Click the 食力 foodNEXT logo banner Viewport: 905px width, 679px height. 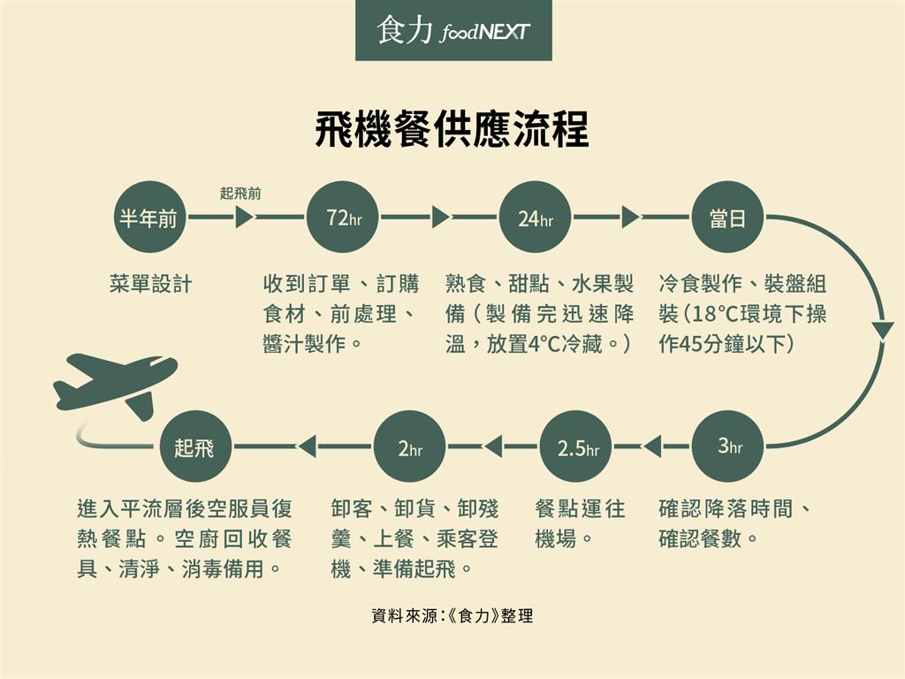pos(453,31)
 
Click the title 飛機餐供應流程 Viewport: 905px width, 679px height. pos(452,130)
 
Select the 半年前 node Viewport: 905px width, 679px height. pos(148,218)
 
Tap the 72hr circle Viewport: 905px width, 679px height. pos(344,218)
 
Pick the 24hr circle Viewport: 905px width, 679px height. pos(535,218)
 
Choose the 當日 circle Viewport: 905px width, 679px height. pos(726,218)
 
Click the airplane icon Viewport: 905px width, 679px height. pos(115,383)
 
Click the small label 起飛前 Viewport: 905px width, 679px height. pos(240,193)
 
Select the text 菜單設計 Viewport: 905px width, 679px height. pos(150,285)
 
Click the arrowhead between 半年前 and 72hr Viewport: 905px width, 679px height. pos(245,217)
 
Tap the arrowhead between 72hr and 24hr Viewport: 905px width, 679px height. pos(440,217)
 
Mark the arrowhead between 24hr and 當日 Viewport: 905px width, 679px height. pos(630,217)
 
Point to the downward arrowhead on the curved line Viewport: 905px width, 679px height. pos(882,332)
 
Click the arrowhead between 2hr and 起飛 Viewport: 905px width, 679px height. pos(307,447)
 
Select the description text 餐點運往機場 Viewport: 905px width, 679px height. pos(580,523)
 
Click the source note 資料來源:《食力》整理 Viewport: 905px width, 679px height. pos(452,616)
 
